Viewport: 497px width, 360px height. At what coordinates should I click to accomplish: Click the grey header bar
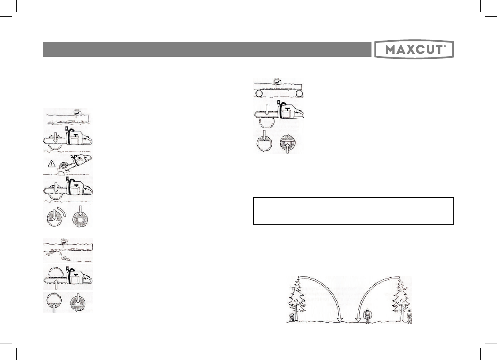tap(207, 49)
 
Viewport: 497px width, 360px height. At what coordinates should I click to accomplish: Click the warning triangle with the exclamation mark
tap(51, 164)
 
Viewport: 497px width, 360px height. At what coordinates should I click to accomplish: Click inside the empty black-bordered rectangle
tap(354, 211)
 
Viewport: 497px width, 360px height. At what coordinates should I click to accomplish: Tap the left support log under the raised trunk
tap(259, 93)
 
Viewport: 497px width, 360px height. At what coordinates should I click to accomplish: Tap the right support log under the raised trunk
tap(299, 93)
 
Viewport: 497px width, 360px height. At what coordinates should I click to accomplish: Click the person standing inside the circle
tap(368, 316)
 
